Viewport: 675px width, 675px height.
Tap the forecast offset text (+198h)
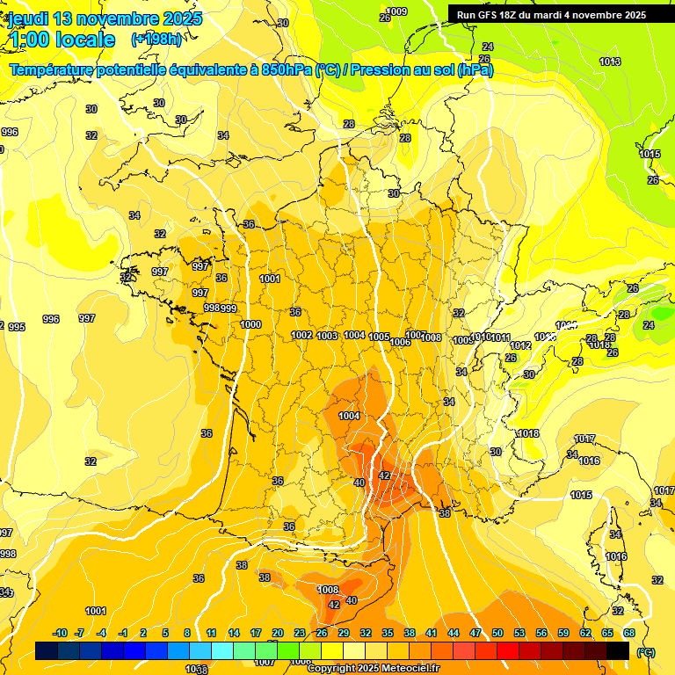(156, 40)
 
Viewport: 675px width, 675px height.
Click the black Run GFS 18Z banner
(551, 14)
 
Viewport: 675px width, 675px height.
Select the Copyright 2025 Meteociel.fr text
(373, 668)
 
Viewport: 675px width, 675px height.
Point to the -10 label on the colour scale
(60, 633)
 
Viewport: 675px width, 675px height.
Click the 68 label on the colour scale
(629, 633)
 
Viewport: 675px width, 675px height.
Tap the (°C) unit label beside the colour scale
(646, 652)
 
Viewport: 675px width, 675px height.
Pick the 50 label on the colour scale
(497, 633)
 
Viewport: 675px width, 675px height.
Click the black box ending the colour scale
(618, 650)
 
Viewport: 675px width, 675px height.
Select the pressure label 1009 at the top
(396, 11)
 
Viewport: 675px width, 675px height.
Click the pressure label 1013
(610, 62)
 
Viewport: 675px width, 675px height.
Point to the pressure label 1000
(250, 324)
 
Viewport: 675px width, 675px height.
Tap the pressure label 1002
(301, 335)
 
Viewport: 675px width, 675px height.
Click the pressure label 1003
(328, 336)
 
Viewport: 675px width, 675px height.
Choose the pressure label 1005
(379, 337)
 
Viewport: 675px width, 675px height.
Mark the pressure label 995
(17, 327)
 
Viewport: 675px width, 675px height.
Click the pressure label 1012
(520, 345)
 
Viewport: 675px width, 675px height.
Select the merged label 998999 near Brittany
(220, 308)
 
